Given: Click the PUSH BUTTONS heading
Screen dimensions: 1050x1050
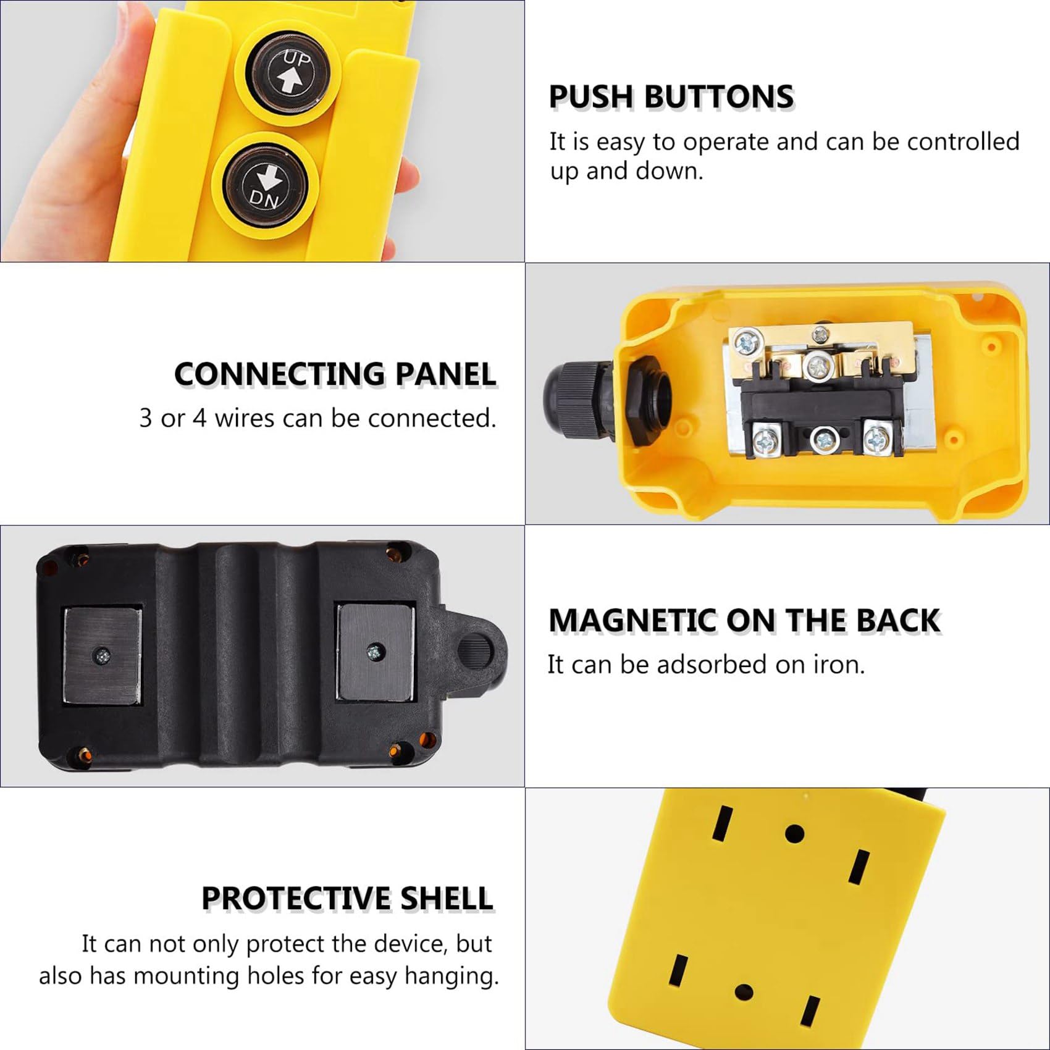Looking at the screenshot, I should (x=671, y=97).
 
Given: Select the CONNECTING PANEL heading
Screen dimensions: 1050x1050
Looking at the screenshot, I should (x=335, y=374).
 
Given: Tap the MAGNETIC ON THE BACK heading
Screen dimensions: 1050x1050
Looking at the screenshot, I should (x=744, y=621).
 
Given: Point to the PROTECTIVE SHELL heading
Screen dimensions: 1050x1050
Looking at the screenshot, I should (x=347, y=898).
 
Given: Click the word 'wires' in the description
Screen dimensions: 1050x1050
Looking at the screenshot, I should (x=245, y=419).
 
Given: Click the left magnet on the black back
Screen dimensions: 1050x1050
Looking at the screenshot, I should (x=103, y=655).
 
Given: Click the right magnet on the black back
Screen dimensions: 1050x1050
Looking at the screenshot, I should (x=374, y=652).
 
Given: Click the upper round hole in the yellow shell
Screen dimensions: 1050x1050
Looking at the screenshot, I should (x=795, y=834).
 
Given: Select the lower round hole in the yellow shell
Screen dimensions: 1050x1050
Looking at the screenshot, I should (x=744, y=993).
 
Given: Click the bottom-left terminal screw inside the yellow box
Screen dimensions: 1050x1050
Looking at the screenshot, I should (x=764, y=438).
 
